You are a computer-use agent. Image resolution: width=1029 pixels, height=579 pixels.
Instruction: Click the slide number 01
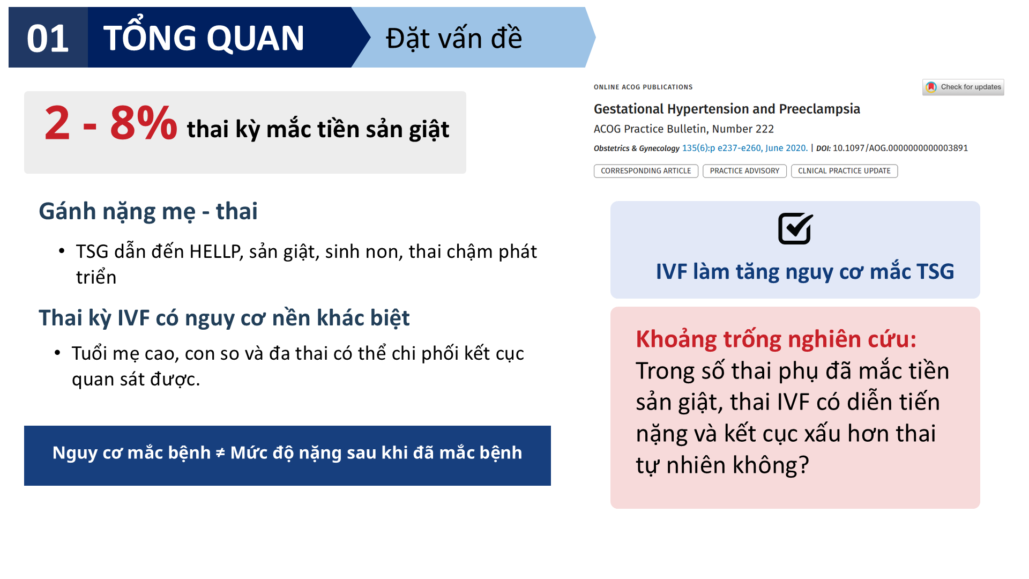coord(48,39)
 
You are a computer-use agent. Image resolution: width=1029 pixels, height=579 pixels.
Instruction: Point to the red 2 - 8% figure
coord(110,123)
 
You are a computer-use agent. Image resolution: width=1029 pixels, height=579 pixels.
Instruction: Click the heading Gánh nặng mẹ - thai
coord(148,211)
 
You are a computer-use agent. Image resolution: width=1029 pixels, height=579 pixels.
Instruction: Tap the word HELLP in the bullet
coord(216,251)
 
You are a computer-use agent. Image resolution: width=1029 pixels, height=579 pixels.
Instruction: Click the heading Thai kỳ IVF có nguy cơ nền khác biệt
coord(224,318)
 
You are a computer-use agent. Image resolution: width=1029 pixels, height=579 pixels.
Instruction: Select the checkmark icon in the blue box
coord(795,229)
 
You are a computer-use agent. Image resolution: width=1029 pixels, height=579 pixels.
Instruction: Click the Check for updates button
coord(963,87)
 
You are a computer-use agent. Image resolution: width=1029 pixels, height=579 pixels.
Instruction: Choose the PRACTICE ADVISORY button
coord(744,171)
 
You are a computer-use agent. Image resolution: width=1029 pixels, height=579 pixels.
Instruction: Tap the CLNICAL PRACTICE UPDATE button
coord(844,171)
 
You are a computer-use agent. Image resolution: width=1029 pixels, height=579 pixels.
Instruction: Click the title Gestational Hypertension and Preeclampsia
coord(727,109)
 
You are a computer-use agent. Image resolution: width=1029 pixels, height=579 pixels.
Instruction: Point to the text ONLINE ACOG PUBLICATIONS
coord(643,87)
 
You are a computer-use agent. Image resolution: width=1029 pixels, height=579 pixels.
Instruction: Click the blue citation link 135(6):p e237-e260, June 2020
coord(744,148)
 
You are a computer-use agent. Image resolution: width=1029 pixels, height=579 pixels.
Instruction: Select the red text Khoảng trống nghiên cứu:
coord(776,339)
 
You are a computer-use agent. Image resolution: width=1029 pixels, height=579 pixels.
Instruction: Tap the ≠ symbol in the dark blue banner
coord(220,454)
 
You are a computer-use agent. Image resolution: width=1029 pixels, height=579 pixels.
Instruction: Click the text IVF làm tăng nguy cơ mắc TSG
coord(805,272)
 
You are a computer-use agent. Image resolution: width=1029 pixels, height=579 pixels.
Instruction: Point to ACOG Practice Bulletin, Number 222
coord(684,129)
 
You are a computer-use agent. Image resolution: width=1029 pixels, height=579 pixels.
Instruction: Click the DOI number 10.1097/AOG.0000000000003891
coord(900,148)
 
